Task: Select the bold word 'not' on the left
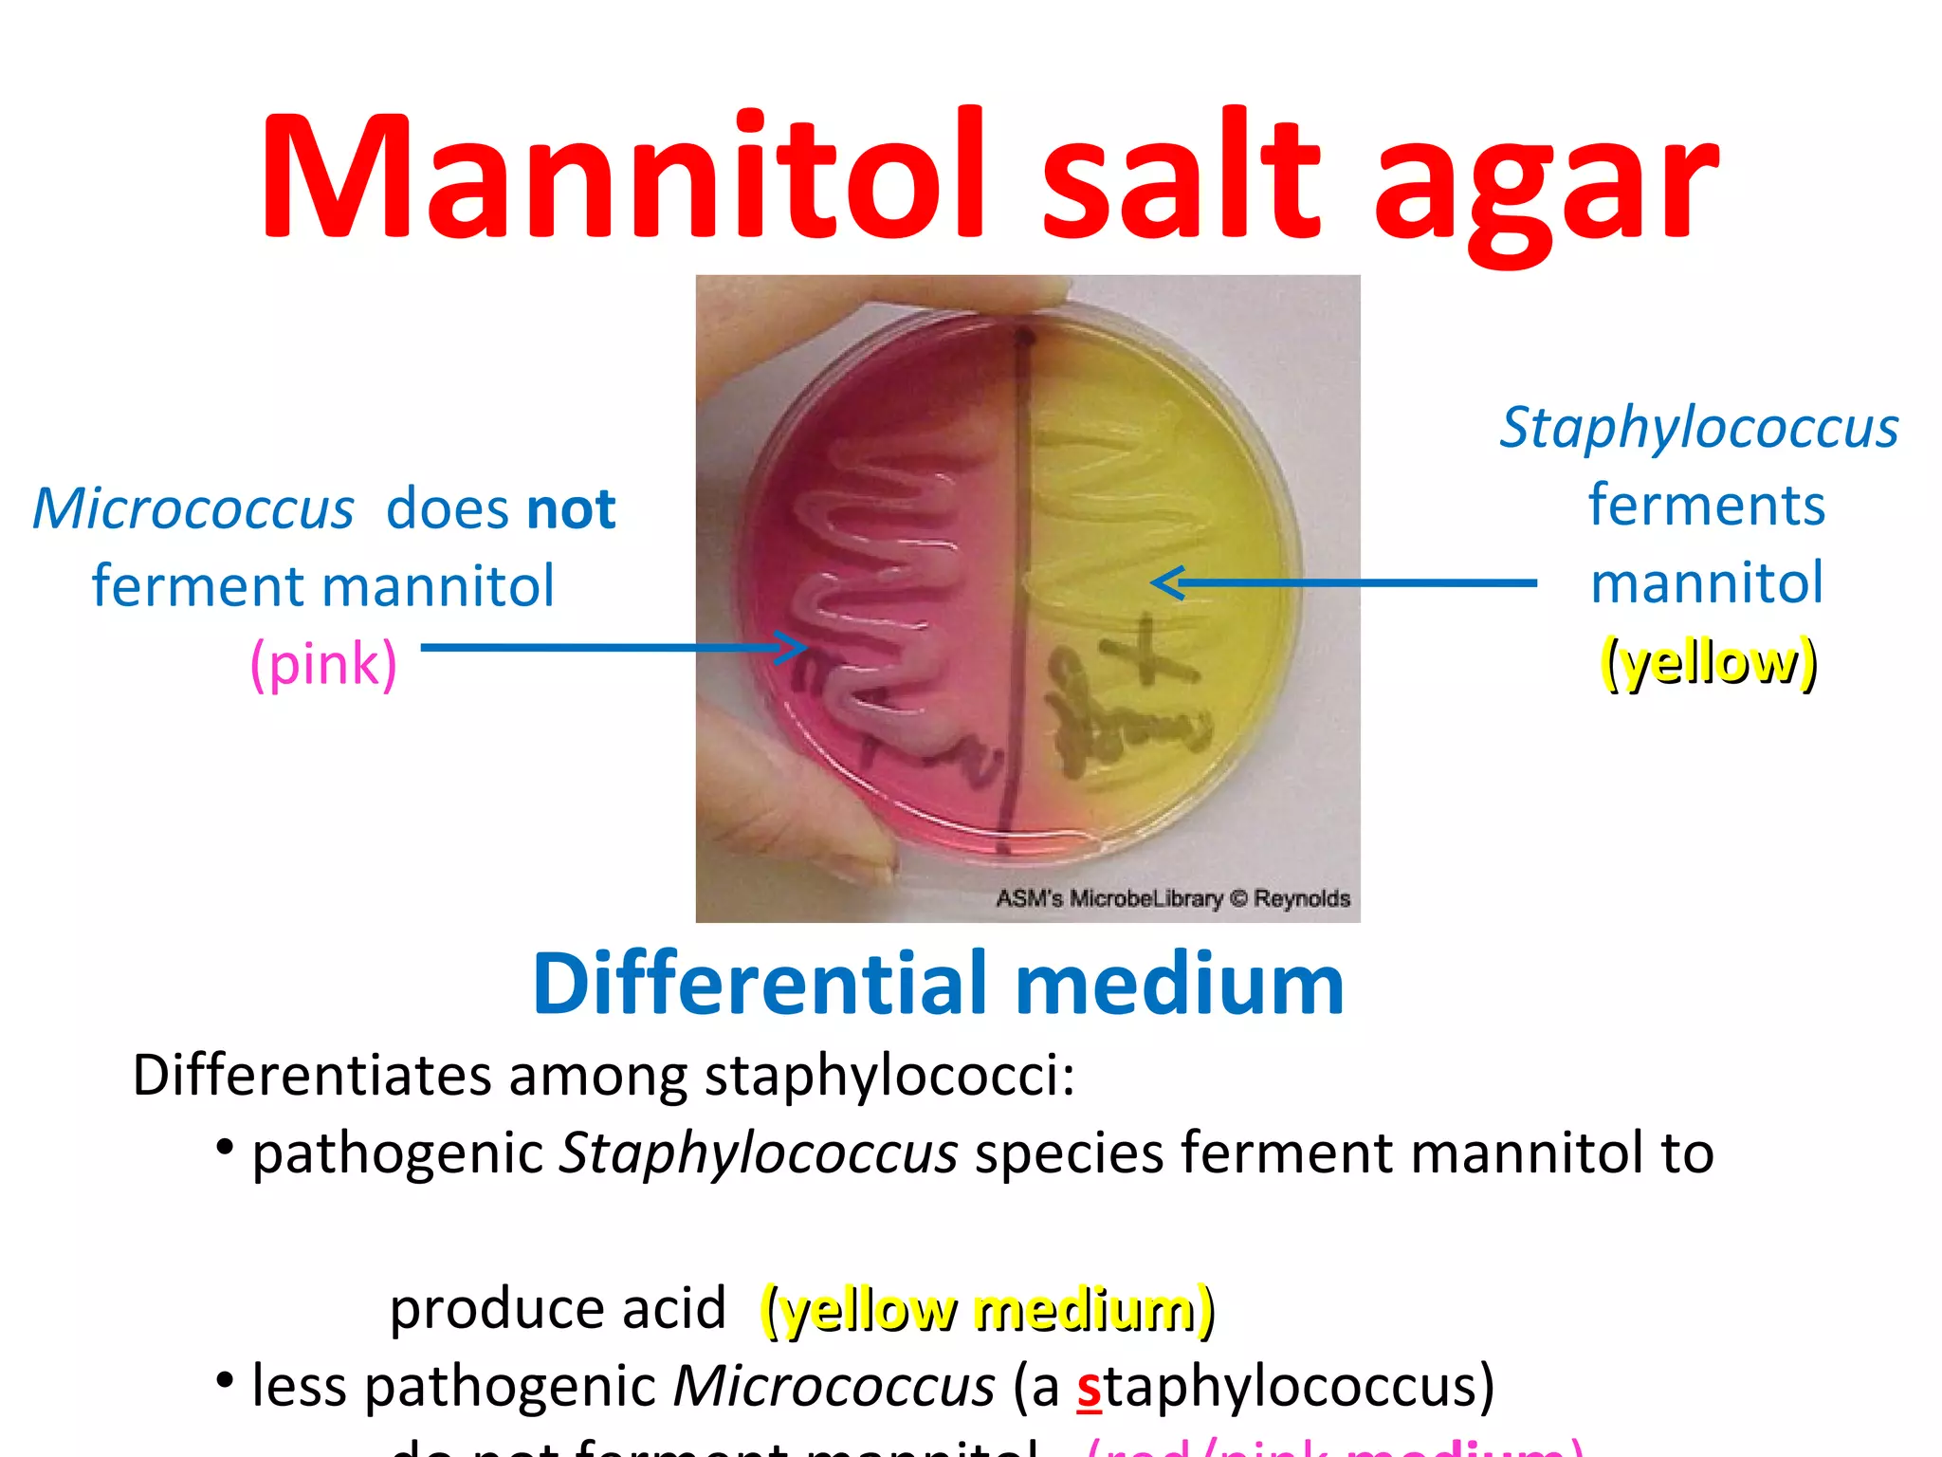click(571, 508)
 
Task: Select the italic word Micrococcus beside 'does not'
click(193, 509)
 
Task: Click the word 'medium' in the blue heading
click(1180, 984)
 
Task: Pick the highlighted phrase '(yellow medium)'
click(987, 1310)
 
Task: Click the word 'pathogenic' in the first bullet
click(397, 1154)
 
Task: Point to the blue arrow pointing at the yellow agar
click(1342, 582)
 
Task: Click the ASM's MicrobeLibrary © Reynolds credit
click(1172, 897)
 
